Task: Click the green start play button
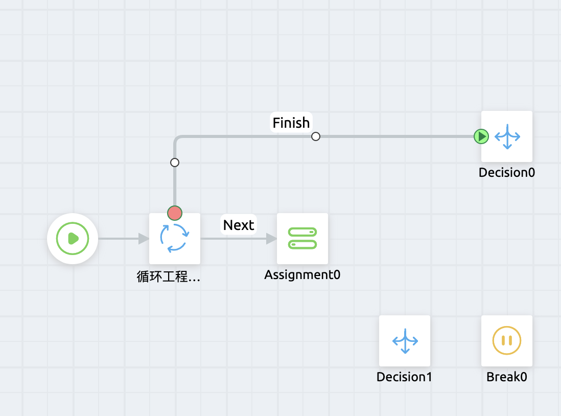coord(73,238)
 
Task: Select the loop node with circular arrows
coord(175,238)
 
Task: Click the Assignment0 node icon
coord(302,238)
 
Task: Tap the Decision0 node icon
coord(507,136)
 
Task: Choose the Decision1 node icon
coord(405,340)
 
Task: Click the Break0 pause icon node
coord(507,340)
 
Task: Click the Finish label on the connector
coord(291,123)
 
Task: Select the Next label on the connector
coord(239,225)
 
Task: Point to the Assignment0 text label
coord(302,275)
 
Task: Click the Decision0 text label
coord(507,173)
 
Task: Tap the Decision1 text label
coord(405,377)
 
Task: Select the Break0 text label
coord(507,377)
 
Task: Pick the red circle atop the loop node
coord(175,213)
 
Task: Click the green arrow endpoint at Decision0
coord(481,136)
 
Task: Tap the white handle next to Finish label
coord(316,136)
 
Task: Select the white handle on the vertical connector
coord(175,163)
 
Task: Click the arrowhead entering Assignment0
coord(271,238)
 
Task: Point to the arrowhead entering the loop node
coord(144,238)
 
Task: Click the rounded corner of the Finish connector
coord(177,138)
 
